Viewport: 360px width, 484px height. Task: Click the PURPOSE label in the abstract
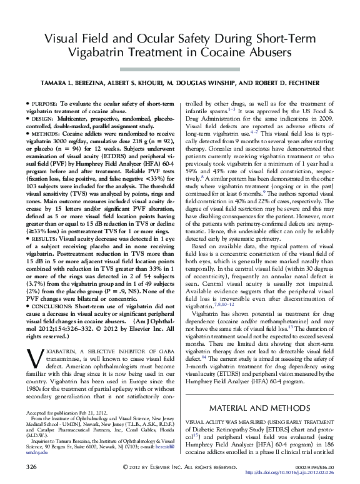point(46,102)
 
